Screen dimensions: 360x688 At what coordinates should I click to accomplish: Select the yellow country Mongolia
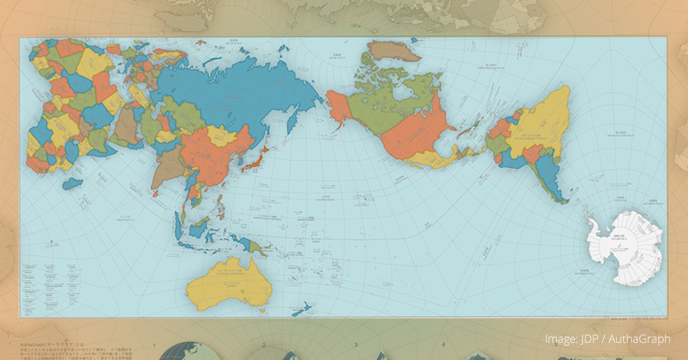[221, 136]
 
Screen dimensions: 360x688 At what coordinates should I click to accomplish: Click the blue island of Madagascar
[72, 184]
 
